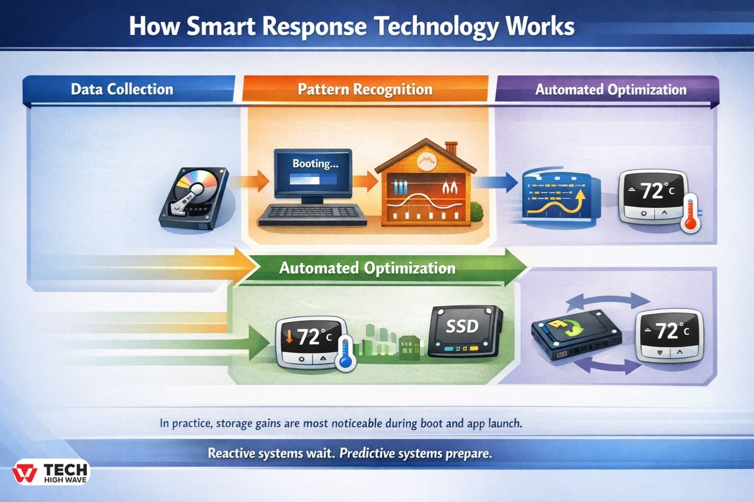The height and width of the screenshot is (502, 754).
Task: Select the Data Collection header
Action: click(x=122, y=89)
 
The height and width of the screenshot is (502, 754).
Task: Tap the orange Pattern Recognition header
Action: click(x=365, y=89)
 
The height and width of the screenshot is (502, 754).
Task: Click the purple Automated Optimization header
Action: click(x=610, y=90)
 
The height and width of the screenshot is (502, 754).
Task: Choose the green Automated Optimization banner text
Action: click(x=367, y=268)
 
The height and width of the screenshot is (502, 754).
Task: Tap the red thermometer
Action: click(x=691, y=213)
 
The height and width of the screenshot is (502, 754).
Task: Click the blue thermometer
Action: click(x=345, y=353)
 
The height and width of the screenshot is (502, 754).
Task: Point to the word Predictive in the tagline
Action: click(x=367, y=453)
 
